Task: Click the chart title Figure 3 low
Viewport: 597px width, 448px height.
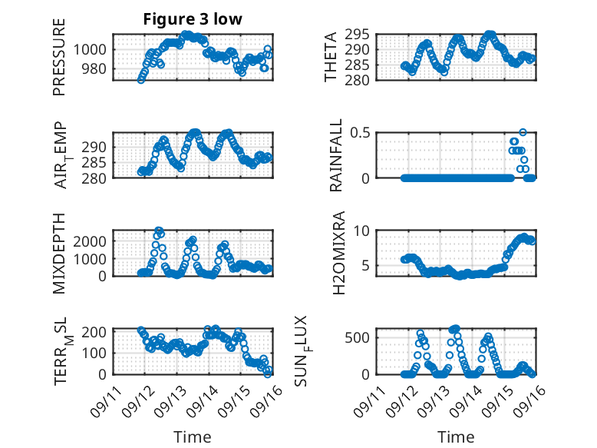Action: pos(193,19)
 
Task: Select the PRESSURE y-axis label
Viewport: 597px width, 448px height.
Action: pos(59,57)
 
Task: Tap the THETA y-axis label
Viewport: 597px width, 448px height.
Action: pos(331,57)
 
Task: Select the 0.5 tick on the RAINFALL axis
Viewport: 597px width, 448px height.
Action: pos(362,132)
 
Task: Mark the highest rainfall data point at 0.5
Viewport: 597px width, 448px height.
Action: pos(523,132)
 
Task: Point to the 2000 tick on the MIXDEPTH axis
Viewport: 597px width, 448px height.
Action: pos(93,241)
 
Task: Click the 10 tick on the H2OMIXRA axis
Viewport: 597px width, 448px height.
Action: pos(365,231)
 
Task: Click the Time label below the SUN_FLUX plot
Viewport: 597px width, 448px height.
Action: pos(456,436)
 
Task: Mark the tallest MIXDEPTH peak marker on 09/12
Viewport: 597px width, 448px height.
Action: pos(159,231)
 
